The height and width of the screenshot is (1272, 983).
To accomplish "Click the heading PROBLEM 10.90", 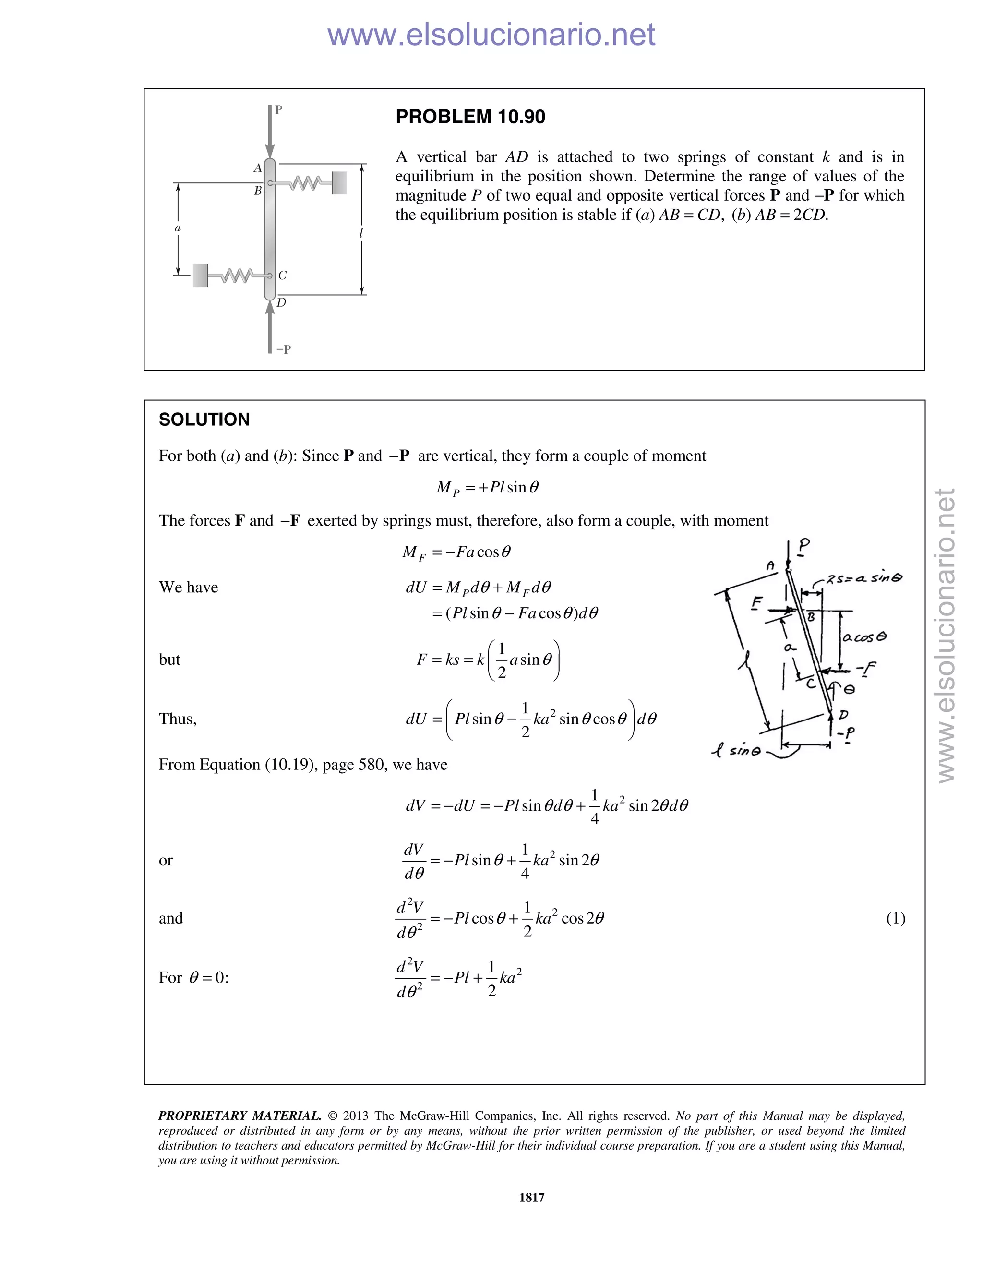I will coord(470,117).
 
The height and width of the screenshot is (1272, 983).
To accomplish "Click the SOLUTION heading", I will coord(204,420).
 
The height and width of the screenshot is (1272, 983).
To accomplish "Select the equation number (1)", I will coord(895,918).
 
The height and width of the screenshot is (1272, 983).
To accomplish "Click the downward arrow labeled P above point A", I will coord(270,131).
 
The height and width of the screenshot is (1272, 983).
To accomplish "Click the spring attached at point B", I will coord(304,183).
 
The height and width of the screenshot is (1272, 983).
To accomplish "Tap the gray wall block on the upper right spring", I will coord(339,183).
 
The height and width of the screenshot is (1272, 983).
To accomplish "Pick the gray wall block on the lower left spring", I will coord(200,276).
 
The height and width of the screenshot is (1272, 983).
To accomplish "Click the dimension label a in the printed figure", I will coord(178,228).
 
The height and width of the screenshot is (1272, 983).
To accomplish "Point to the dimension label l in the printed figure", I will coord(361,233).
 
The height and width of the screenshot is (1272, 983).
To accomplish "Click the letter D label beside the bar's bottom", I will coord(281,303).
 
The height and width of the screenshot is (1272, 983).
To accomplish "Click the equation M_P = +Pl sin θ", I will coord(488,488).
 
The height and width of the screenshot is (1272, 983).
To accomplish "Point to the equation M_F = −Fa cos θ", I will coord(456,552).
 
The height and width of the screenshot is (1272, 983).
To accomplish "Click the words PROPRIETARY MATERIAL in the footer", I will coord(240,1116).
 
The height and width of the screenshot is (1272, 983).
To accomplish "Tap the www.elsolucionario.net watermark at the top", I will coord(491,35).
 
